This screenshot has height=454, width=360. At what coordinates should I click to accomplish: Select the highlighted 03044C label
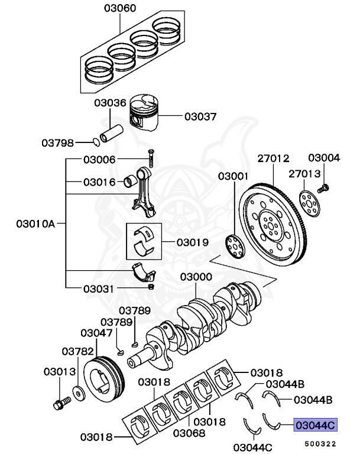pos(316,424)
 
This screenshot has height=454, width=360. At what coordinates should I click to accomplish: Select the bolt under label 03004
pos(323,189)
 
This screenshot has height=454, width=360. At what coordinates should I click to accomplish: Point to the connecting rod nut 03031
pos(151,287)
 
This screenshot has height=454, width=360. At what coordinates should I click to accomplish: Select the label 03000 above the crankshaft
pos(196,277)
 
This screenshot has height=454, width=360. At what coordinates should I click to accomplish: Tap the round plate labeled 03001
pos(235,245)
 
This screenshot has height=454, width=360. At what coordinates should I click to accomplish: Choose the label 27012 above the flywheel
pos(273,158)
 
